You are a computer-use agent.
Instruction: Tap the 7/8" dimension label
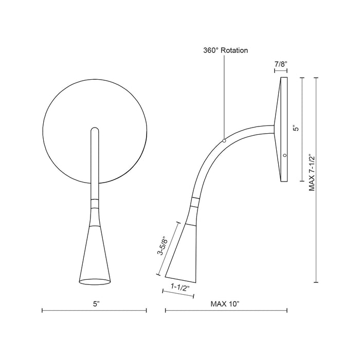(280, 64)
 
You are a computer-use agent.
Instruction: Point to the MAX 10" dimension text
(225, 304)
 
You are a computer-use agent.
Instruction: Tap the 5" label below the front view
(96, 304)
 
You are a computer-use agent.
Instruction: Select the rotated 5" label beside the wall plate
(295, 129)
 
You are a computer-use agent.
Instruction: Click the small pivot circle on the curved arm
(224, 140)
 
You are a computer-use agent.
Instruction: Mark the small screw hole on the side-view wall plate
(285, 155)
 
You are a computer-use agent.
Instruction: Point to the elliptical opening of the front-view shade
(94, 281)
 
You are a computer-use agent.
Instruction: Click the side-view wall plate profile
(283, 129)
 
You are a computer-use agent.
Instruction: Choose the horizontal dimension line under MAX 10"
(226, 311)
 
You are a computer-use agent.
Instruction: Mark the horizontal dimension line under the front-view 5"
(94, 311)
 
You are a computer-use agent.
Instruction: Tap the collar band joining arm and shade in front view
(94, 202)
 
